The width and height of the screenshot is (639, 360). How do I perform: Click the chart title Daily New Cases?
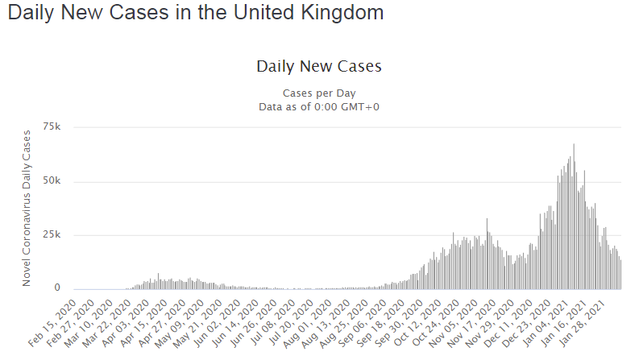(318, 66)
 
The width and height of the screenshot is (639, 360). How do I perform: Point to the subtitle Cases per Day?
(318, 93)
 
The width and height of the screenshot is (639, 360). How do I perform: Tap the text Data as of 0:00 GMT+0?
(318, 106)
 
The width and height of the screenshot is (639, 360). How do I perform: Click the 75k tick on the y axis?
(52, 127)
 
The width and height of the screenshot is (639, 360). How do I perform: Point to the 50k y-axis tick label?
(52, 181)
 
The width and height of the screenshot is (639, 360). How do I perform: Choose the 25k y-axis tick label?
(52, 235)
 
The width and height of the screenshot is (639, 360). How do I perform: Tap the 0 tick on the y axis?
(57, 288)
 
